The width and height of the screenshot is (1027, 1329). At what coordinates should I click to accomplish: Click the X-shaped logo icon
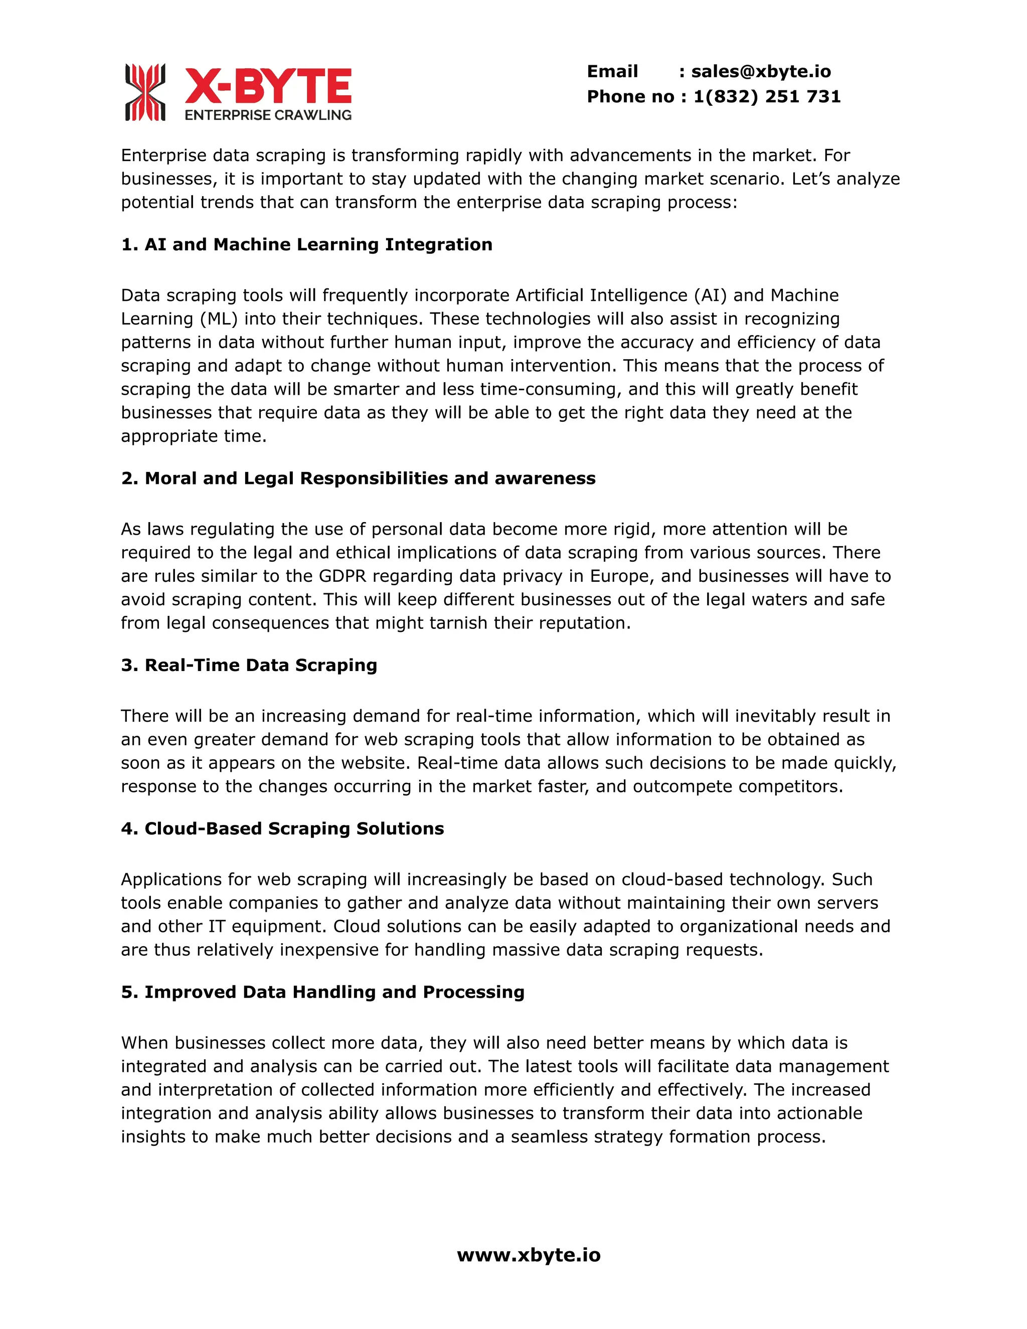click(x=145, y=92)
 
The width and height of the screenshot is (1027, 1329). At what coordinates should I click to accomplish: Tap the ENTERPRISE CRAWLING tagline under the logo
click(x=268, y=115)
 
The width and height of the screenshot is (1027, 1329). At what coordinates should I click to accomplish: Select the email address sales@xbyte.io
click(x=761, y=72)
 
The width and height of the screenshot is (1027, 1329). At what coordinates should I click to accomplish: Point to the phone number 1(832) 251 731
click(x=767, y=97)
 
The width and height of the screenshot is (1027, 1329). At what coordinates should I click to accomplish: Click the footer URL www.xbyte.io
click(x=528, y=1255)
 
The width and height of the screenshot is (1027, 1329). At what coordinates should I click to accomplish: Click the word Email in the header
click(x=612, y=72)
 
